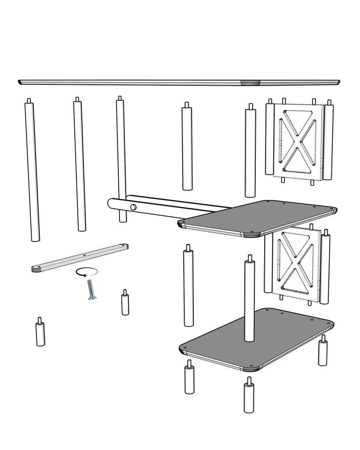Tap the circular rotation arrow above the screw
[x=86, y=272]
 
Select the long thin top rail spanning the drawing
[x=132, y=82]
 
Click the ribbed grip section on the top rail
[x=250, y=82]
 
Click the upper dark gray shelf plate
[x=259, y=217]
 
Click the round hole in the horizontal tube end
[x=132, y=207]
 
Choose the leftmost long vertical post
[x=33, y=171]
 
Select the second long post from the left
[x=80, y=165]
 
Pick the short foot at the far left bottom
[x=40, y=334]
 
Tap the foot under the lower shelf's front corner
[x=249, y=396]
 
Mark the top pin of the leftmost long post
[x=29, y=101]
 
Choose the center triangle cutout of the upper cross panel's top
[x=298, y=119]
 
